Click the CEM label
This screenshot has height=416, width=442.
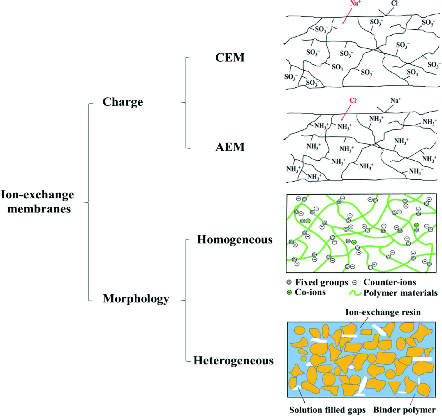point(230,57)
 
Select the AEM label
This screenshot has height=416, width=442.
point(230,147)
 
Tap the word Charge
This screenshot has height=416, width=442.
point(123,102)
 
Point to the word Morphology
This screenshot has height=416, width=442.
point(136,299)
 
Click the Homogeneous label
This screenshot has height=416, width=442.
point(235,240)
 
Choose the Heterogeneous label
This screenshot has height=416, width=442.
point(233,361)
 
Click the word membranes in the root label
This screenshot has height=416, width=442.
point(39,209)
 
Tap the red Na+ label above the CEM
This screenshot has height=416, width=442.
point(355,4)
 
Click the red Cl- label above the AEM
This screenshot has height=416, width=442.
point(353,101)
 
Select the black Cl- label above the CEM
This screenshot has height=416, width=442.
point(395,3)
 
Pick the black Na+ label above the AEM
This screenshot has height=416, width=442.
point(396,101)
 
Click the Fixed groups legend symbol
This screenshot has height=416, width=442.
point(289,282)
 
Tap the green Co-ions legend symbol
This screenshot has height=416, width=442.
point(289,292)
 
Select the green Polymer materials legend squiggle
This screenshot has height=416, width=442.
point(355,293)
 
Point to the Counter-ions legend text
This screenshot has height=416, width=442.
point(389,282)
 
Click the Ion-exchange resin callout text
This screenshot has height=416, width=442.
point(383,312)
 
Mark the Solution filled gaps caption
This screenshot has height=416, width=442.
point(327,410)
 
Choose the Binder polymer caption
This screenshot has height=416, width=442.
point(404,410)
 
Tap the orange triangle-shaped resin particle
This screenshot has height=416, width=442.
point(394,387)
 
